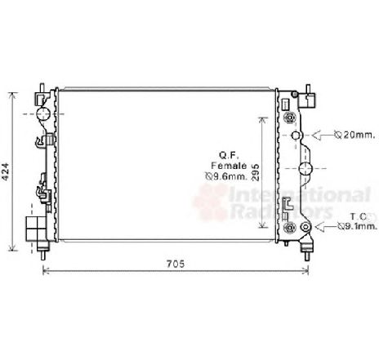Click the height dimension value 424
coord(7,171)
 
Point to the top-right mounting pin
coord(309,91)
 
